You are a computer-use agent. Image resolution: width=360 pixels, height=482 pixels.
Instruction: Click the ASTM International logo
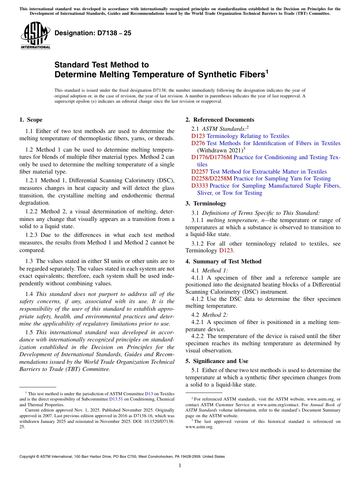point(35,36)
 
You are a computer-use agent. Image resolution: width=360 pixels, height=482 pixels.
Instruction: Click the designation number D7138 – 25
point(93,33)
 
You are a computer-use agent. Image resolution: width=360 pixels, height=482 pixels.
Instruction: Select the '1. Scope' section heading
point(31,120)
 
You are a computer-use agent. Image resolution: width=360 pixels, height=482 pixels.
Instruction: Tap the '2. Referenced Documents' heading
point(220,120)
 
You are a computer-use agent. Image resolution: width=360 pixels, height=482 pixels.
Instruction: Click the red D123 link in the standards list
point(198,136)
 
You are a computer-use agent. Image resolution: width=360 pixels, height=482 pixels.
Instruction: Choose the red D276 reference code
point(198,143)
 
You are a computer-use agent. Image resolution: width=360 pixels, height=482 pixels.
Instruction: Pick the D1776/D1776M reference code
point(211,157)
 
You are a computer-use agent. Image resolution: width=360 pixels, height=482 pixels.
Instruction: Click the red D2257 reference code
point(200,172)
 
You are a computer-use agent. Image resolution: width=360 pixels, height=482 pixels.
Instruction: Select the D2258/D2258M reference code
point(211,178)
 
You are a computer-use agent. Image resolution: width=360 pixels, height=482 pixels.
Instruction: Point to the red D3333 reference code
point(200,186)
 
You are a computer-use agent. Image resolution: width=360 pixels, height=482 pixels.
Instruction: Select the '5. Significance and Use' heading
point(217,361)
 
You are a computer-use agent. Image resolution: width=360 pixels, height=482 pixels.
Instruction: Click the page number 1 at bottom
point(180,465)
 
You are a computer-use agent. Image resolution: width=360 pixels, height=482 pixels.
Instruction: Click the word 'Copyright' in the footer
point(28,457)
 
